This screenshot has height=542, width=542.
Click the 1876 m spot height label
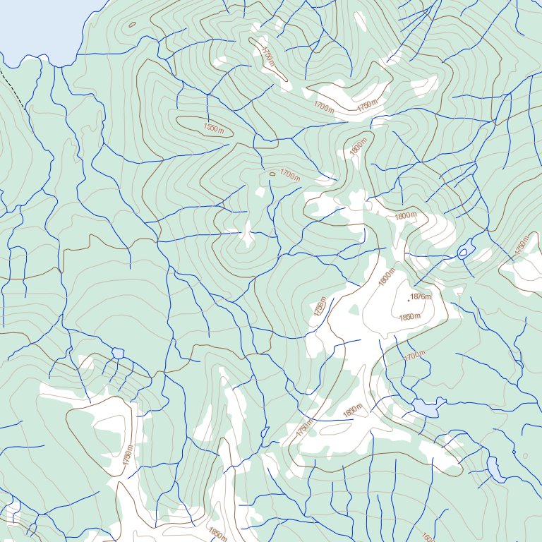click(x=421, y=297)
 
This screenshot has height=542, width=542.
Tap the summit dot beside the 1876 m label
click(x=408, y=299)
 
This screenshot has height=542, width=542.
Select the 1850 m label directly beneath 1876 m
click(x=409, y=317)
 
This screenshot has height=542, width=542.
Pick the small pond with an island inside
click(x=466, y=251)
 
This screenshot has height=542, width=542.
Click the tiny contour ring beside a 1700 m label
click(x=272, y=174)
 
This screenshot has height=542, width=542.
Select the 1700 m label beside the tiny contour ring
click(x=289, y=174)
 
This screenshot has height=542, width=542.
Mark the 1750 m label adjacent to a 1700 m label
click(x=367, y=106)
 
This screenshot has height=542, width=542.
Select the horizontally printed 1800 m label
click(x=406, y=216)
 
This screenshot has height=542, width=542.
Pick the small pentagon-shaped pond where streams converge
click(x=118, y=352)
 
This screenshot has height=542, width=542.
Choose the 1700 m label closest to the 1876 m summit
click(x=416, y=357)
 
